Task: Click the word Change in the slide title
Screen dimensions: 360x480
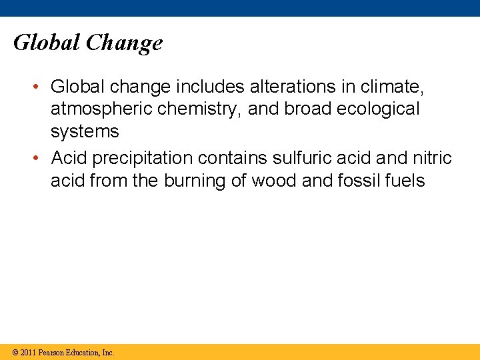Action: click(124, 43)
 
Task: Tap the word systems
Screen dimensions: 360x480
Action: click(85, 131)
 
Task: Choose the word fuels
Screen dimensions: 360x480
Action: click(405, 181)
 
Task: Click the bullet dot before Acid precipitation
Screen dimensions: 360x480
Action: click(41, 159)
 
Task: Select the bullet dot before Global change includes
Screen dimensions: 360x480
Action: click(41, 87)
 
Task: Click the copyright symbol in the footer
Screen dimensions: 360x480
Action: click(15, 352)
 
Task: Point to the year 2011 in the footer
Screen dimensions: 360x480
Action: click(28, 352)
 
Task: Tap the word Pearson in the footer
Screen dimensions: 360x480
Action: click(51, 352)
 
